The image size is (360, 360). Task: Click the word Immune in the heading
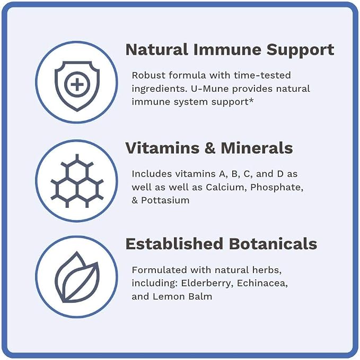(227, 50)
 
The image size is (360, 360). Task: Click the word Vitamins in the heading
(162, 148)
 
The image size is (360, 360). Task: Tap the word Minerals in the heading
(257, 148)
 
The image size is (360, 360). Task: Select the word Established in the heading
(174, 243)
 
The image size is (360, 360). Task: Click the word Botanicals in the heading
(273, 243)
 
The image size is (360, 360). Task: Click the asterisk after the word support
(251, 100)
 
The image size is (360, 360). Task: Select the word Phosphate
(277, 188)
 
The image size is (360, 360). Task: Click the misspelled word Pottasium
(165, 200)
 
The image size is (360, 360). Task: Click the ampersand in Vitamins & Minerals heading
(210, 148)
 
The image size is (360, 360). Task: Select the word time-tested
(262, 75)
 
